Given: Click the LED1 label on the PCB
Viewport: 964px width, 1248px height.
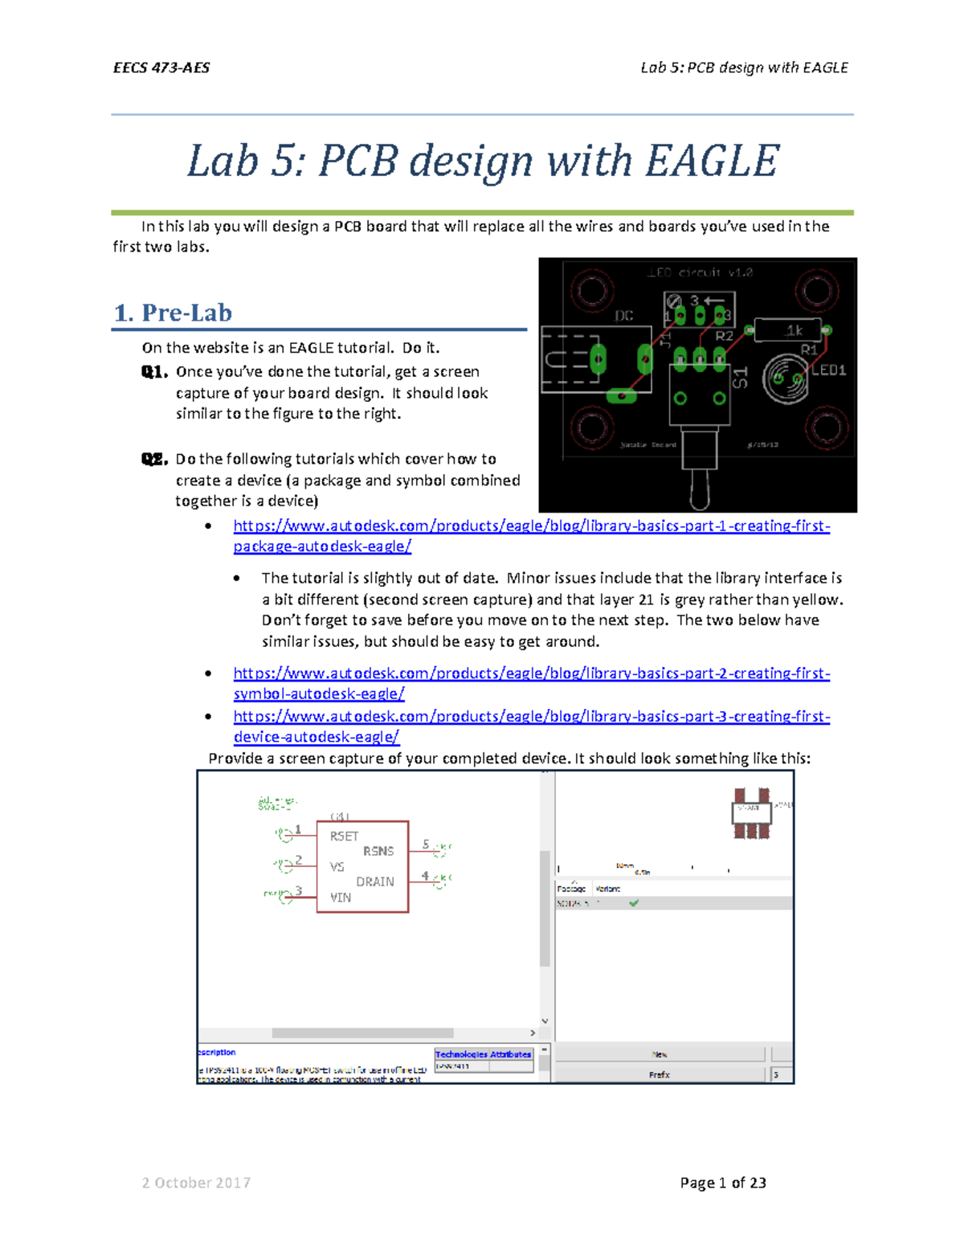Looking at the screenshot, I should click(829, 370).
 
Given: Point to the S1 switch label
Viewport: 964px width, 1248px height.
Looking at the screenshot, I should click(740, 378).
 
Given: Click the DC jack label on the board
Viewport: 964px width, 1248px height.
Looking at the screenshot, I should click(624, 316).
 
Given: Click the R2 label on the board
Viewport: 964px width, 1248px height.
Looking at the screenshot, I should click(724, 336).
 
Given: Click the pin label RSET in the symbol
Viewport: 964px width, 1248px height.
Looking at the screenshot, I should click(344, 837).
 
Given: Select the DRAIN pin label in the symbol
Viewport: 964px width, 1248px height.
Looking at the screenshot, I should click(375, 882).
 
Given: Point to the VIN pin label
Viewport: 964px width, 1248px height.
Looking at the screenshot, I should click(341, 898).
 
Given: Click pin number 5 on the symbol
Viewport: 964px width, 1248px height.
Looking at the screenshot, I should click(426, 845).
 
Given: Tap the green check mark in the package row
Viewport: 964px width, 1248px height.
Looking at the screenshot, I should click(634, 903).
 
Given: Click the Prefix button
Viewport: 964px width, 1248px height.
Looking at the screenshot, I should click(660, 1074).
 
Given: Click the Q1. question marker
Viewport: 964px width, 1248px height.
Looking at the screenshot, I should click(154, 372).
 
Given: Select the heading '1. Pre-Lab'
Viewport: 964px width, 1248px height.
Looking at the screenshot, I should click(174, 313).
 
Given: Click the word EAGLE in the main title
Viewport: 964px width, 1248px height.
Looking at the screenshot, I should click(712, 161).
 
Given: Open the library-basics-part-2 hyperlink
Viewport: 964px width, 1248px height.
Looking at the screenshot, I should click(531, 673).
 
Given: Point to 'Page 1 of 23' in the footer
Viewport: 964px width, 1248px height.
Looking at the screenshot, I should click(722, 1183).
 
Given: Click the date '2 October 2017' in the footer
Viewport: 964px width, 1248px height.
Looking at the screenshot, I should click(196, 1183).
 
